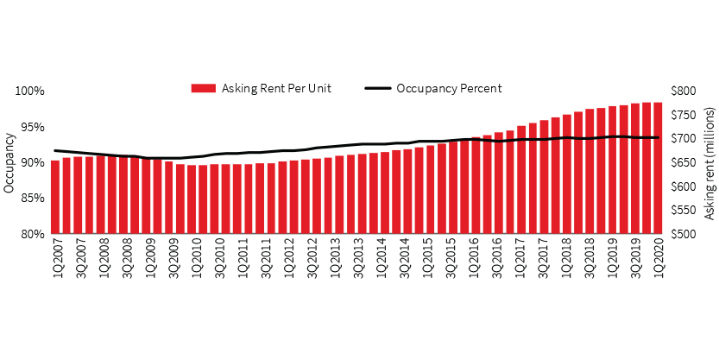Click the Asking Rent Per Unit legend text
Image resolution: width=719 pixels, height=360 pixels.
276,88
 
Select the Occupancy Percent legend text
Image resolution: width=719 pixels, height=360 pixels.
449,88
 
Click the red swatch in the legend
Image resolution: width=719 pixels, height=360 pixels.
203,88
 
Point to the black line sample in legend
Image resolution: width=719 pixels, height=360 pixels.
378,88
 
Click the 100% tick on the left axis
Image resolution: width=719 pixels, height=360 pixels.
29,92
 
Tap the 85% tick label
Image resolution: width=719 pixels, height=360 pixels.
31,199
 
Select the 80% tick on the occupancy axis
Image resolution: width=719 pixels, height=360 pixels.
31,234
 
